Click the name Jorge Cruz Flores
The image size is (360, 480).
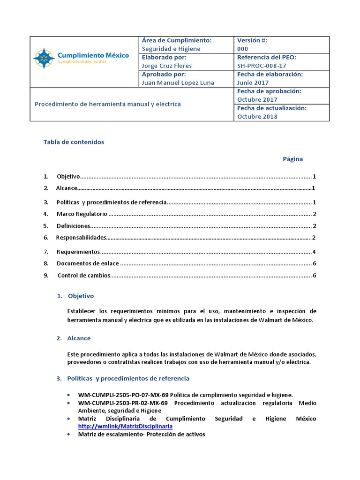(x=166, y=66)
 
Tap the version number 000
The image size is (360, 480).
(x=243, y=49)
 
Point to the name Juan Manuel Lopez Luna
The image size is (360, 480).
(x=178, y=83)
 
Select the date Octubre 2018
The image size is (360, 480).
(x=257, y=117)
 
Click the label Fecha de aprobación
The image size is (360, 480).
(x=269, y=91)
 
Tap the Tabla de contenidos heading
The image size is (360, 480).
(x=74, y=142)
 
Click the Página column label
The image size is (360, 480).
(x=292, y=159)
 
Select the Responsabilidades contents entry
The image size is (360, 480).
(x=81, y=238)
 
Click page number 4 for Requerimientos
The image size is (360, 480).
(x=314, y=252)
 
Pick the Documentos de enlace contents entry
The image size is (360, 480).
(x=88, y=263)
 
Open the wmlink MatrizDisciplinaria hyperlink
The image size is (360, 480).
(x=125, y=427)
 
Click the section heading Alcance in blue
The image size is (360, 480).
(x=79, y=338)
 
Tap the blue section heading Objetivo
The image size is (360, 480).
(x=81, y=296)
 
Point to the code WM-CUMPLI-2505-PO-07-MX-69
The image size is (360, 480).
(x=123, y=395)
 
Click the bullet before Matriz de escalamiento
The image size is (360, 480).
(x=69, y=435)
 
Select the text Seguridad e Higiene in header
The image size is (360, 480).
(x=171, y=49)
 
